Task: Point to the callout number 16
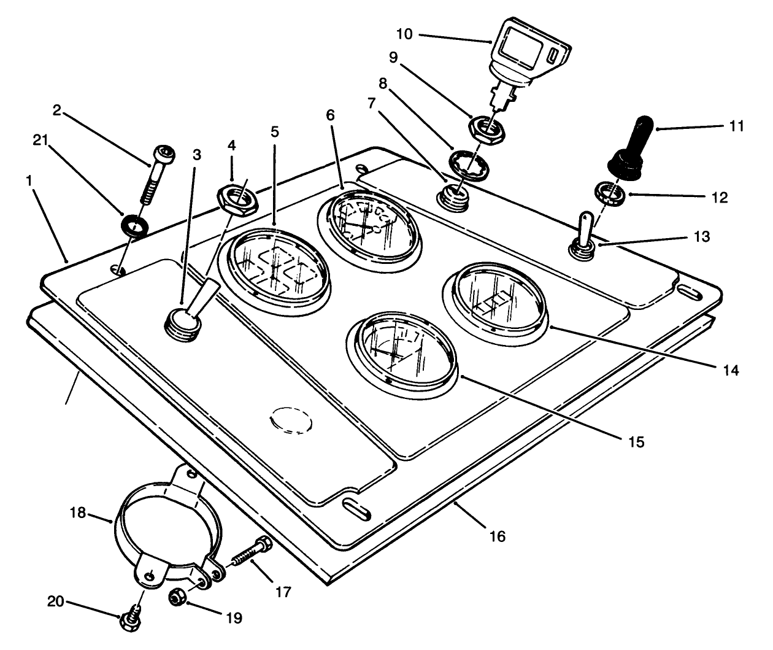(x=497, y=536)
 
